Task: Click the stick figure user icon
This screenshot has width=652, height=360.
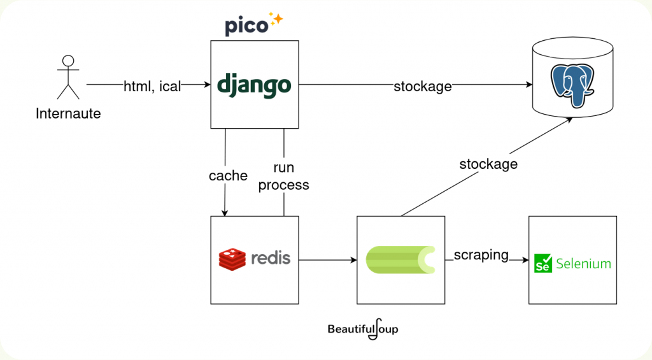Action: pyautogui.click(x=68, y=77)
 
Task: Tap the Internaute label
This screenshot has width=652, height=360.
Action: pyautogui.click(x=68, y=114)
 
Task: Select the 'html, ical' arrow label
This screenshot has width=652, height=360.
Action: pyautogui.click(x=152, y=86)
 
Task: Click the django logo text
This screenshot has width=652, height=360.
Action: pyautogui.click(x=254, y=85)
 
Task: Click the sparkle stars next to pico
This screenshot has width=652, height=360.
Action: pyautogui.click(x=275, y=18)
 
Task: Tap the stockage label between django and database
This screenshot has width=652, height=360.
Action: pyautogui.click(x=422, y=86)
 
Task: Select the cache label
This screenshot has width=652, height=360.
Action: pyautogui.click(x=228, y=176)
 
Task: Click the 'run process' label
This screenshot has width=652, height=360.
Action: pyautogui.click(x=283, y=176)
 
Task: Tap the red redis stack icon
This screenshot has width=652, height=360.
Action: pyautogui.click(x=232, y=259)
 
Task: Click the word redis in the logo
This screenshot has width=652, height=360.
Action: pyautogui.click(x=270, y=258)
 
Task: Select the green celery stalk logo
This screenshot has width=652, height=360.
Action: pyautogui.click(x=400, y=259)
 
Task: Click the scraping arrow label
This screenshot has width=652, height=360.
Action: pyautogui.click(x=481, y=255)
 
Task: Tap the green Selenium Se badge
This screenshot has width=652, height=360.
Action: pyautogui.click(x=543, y=263)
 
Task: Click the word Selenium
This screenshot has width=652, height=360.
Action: pyautogui.click(x=583, y=263)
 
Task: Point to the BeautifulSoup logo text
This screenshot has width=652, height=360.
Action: pyautogui.click(x=363, y=329)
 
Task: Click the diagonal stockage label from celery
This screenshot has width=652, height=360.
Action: pyautogui.click(x=488, y=164)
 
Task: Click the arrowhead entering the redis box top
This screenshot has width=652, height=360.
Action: pyautogui.click(x=224, y=212)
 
